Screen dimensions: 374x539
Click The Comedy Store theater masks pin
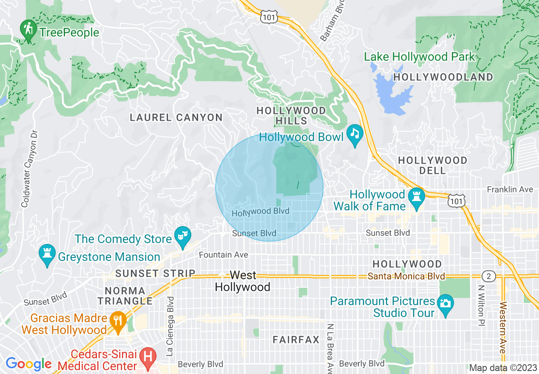click(184, 237)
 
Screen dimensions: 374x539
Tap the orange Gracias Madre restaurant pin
click(116, 321)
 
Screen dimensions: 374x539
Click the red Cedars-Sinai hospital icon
click(148, 357)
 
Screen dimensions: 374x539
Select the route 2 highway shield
click(489, 276)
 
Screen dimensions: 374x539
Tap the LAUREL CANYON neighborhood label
click(176, 117)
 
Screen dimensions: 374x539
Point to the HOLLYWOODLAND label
click(443, 77)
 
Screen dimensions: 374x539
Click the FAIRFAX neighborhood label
click(296, 340)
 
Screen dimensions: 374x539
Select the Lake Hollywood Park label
click(419, 57)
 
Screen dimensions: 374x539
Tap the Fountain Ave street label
click(223, 255)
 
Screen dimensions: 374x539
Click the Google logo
click(28, 364)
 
